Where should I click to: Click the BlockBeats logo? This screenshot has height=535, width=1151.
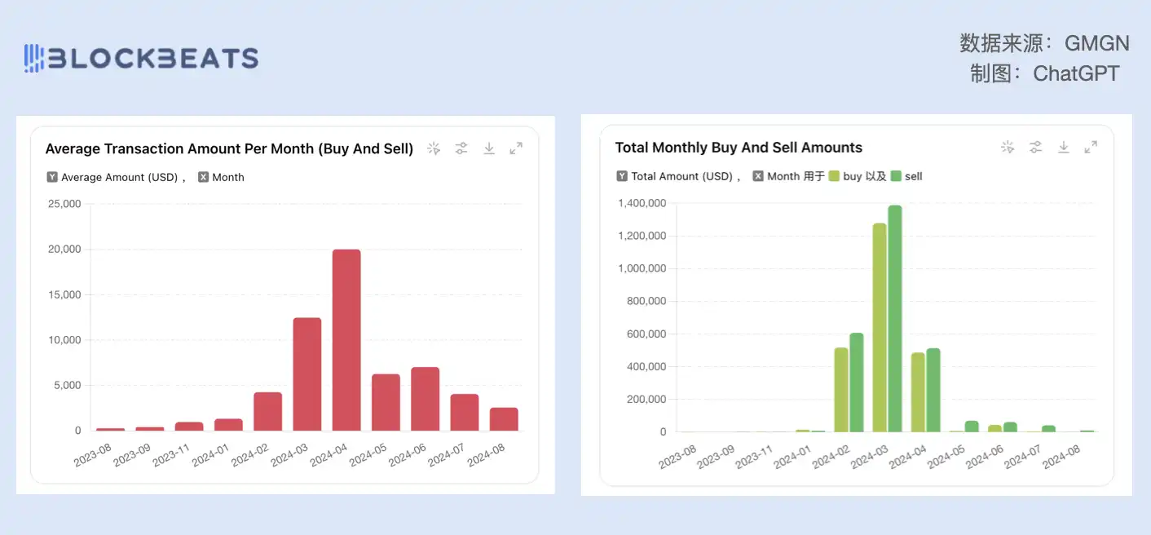point(141,58)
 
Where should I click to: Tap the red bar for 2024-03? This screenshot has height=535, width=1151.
point(307,374)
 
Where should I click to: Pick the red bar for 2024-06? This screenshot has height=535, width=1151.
point(425,399)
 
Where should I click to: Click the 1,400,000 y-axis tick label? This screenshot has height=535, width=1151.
point(642,203)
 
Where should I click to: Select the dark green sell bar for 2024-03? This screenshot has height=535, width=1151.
point(895,318)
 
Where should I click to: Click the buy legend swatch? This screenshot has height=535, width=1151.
point(834,176)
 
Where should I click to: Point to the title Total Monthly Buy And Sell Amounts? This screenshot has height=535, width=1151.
point(739,148)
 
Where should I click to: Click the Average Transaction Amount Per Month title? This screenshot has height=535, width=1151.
point(229,148)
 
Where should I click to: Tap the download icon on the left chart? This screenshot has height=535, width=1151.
point(489,148)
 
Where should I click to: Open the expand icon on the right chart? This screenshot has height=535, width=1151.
point(1091,147)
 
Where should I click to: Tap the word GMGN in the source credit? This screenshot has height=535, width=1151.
point(1097,43)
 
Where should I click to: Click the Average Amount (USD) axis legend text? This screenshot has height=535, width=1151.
point(119,177)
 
